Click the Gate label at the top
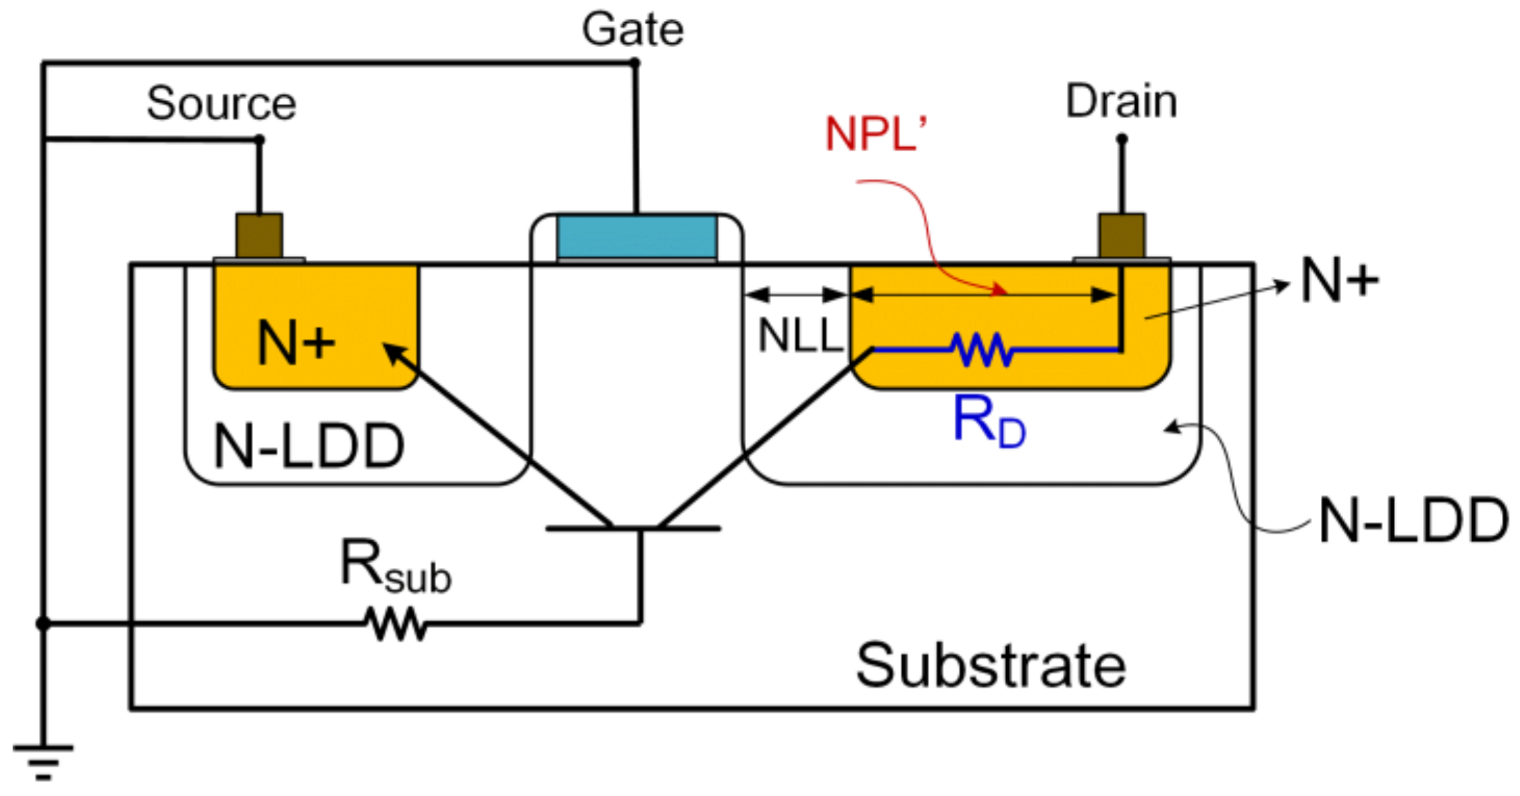(x=632, y=30)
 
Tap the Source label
(x=221, y=103)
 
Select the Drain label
(x=1121, y=101)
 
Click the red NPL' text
(x=875, y=134)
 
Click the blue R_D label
(x=988, y=421)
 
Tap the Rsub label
(x=395, y=567)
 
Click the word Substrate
(x=991, y=666)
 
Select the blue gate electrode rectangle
(x=637, y=236)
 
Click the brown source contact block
(x=259, y=236)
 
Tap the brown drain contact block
(x=1121, y=236)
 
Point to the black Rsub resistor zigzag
(x=396, y=623)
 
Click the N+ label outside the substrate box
(x=1339, y=281)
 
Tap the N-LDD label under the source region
(x=309, y=446)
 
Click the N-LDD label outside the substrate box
(x=1413, y=520)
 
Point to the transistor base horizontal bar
(x=632, y=528)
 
